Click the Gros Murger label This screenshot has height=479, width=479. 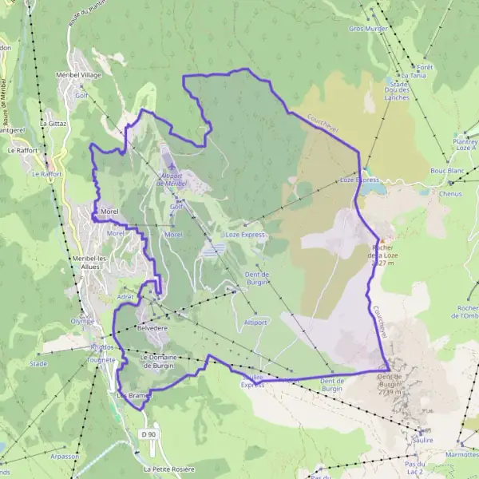(x=367, y=28)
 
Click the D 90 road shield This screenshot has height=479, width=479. (x=147, y=433)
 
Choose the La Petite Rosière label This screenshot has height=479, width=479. (x=169, y=469)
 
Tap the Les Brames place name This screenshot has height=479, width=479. (x=133, y=395)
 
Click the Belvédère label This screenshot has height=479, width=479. (x=152, y=328)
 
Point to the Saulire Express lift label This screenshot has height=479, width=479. (x=252, y=380)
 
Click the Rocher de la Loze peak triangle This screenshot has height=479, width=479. (x=383, y=241)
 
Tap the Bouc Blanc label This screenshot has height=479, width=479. (x=446, y=171)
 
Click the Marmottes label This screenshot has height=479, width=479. (x=462, y=453)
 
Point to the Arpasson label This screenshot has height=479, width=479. (x=65, y=457)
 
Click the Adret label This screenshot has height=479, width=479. (x=126, y=296)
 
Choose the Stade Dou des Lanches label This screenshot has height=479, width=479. (x=398, y=89)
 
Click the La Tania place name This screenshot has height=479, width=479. (x=414, y=76)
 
